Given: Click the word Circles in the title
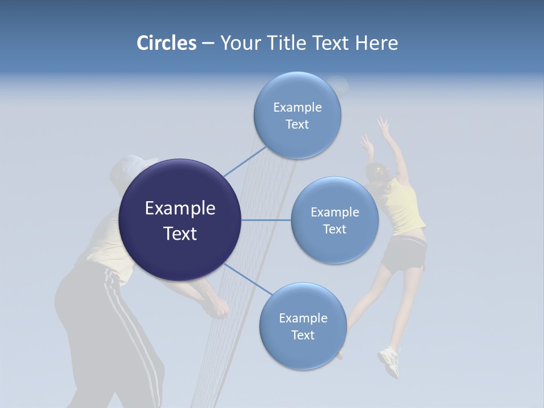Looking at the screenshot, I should (166, 43).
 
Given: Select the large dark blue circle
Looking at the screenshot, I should (180, 220).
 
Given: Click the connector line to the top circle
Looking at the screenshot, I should (245, 161).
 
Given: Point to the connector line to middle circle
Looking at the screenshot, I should (266, 220).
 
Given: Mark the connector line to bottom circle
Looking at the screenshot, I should (248, 279).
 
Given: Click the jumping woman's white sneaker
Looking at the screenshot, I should (389, 361).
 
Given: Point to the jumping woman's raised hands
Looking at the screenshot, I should (383, 126).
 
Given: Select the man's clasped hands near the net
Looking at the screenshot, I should (218, 308).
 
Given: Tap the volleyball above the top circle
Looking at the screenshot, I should (339, 85).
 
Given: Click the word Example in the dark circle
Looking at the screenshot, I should (180, 209).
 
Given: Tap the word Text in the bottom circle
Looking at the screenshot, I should (303, 335).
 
